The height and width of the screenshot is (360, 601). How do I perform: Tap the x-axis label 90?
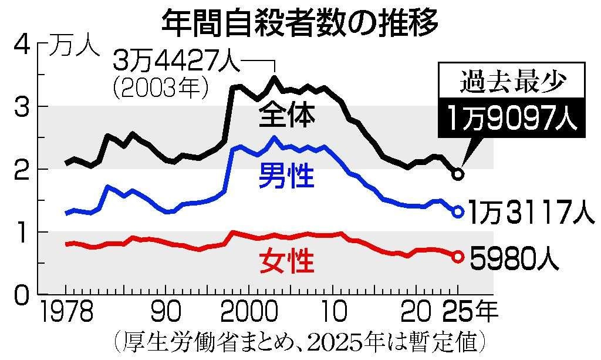(x=166, y=312)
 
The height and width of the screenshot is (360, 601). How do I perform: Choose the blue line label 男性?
(x=286, y=175)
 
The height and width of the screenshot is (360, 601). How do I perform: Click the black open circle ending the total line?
(x=458, y=174)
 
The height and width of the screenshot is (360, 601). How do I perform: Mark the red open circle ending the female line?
(x=458, y=257)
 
